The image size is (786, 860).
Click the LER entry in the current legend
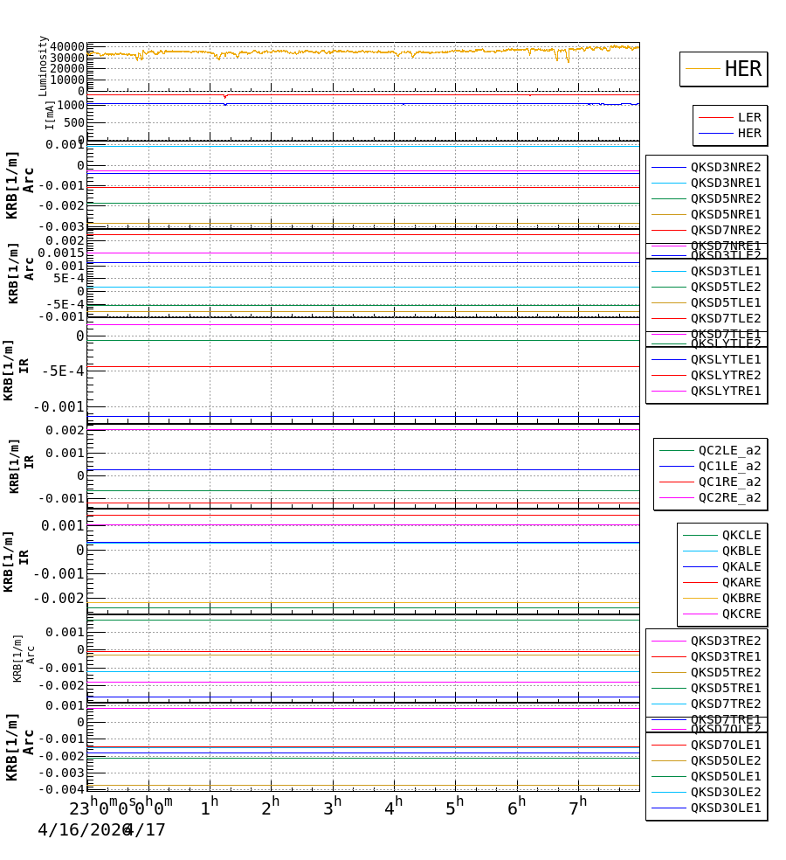(x=749, y=117)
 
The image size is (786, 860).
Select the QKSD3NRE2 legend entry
(x=726, y=167)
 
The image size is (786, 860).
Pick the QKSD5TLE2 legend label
(x=726, y=287)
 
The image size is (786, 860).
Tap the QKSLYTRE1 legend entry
(x=726, y=391)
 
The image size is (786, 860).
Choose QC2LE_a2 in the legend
(x=729, y=450)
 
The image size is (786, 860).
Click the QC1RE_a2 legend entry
(x=729, y=482)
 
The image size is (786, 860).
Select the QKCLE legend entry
(x=741, y=535)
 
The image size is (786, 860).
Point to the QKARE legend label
(x=741, y=582)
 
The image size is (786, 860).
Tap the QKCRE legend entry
(x=741, y=614)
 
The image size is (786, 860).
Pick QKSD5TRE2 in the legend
(x=726, y=672)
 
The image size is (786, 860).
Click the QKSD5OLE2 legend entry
(x=726, y=760)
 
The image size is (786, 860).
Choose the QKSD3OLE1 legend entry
(x=726, y=808)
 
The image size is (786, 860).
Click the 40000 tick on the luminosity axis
(x=67, y=46)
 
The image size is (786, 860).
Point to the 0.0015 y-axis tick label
(x=61, y=253)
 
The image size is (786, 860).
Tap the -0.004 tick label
(x=61, y=789)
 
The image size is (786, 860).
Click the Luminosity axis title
(x=43, y=66)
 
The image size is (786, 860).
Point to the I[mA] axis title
(x=50, y=114)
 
